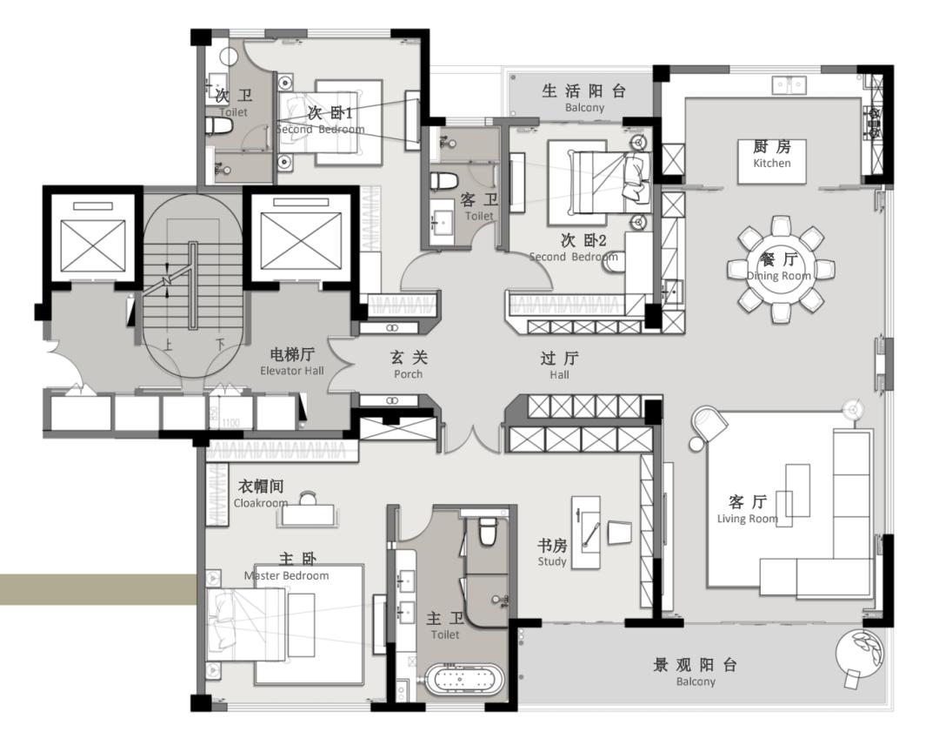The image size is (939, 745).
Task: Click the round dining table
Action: click(x=780, y=269)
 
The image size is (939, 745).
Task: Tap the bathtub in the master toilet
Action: click(x=464, y=679)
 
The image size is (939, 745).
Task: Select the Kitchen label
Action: click(x=771, y=154)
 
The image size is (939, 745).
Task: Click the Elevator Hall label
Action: click(x=291, y=362)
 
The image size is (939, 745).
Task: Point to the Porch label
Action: click(x=409, y=365)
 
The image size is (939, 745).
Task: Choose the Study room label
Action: click(x=551, y=552)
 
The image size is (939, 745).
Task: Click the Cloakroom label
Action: click(x=261, y=493)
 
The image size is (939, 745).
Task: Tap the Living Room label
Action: click(x=748, y=509)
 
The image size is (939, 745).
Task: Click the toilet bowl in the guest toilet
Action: click(x=443, y=180)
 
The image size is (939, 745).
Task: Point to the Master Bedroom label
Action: click(x=287, y=567)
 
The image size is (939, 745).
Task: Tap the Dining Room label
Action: click(x=778, y=266)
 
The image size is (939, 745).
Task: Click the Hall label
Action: click(x=559, y=366)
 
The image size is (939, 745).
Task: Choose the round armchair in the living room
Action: click(x=709, y=423)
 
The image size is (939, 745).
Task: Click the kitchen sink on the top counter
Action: click(x=789, y=85)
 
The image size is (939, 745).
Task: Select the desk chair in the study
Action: click(x=620, y=533)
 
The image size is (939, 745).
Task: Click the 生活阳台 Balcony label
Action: click(x=584, y=98)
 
